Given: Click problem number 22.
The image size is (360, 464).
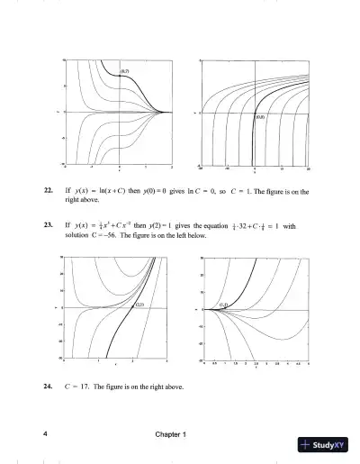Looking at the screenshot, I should pyautogui.click(x=48, y=192).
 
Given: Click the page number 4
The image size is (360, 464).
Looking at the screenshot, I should pyautogui.click(x=45, y=435).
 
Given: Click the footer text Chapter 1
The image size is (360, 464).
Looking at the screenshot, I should pyautogui.click(x=169, y=435).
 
